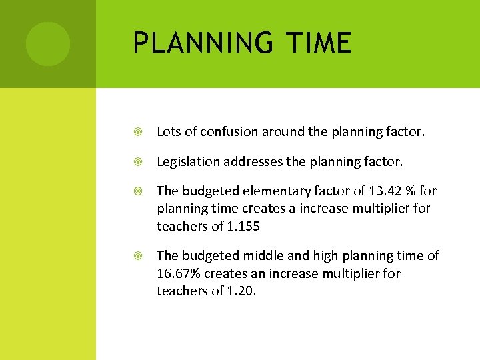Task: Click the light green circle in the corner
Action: coord(48,44)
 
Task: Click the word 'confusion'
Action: coord(225,132)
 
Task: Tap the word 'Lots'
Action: coord(169,132)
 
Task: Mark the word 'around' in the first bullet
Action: coord(285,132)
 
